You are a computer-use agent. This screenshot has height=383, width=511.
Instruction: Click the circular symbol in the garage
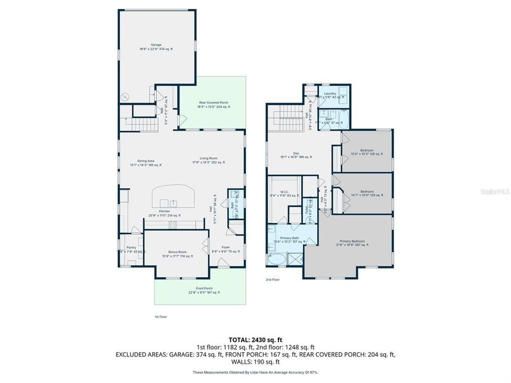pyautogui.click(x=126, y=96)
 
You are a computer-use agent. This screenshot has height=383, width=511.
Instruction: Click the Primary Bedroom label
pyautogui.click(x=352, y=243)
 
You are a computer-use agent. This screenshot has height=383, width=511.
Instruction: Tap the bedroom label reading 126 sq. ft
pyautogui.click(x=367, y=152)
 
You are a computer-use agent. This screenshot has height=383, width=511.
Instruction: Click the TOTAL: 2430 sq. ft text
pyautogui.click(x=255, y=339)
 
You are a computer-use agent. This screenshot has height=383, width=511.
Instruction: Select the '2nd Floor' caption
pyautogui.click(x=273, y=279)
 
